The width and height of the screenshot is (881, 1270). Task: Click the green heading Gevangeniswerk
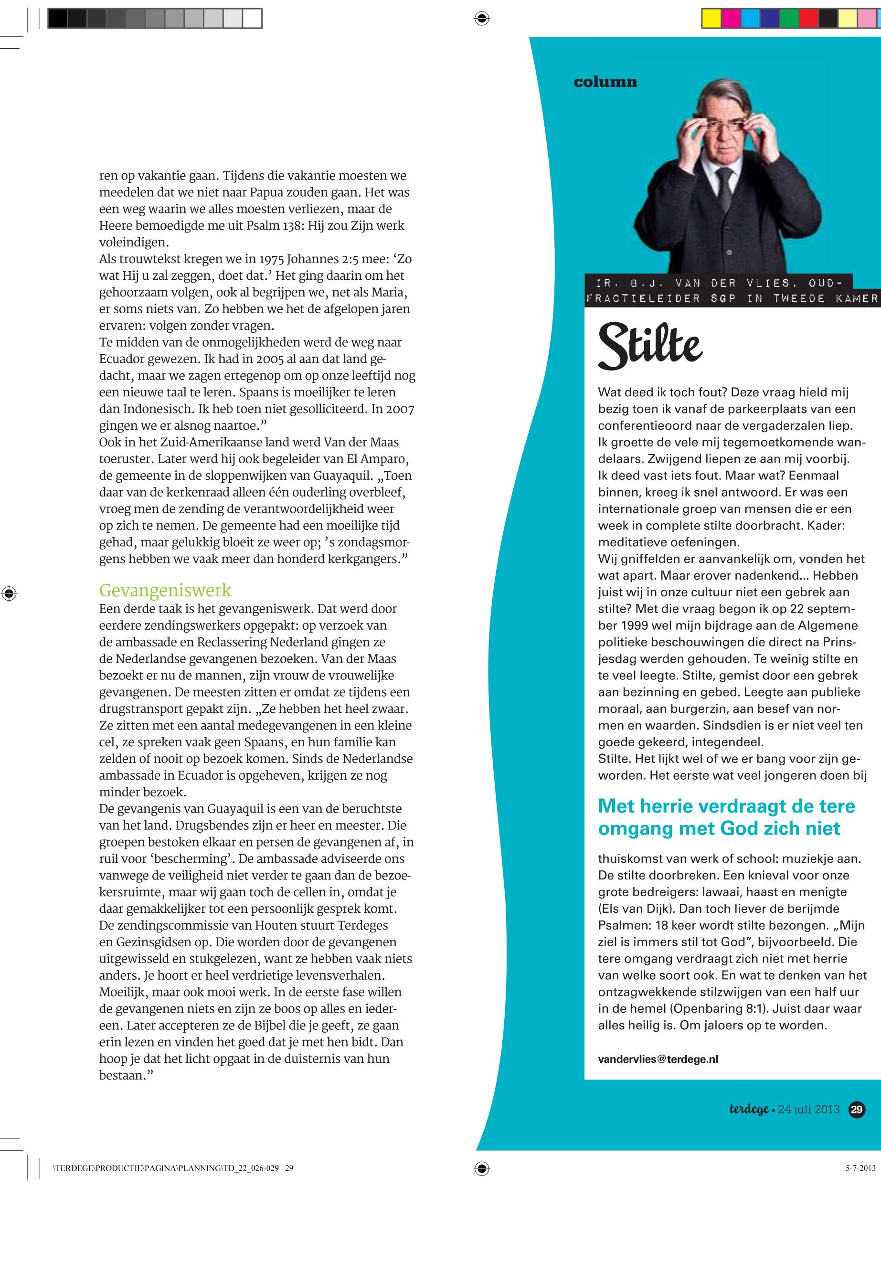point(165,591)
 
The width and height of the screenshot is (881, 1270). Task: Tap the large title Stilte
point(650,346)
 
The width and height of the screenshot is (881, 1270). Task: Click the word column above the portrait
point(605,82)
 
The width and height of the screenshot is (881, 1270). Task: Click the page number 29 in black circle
point(857,1110)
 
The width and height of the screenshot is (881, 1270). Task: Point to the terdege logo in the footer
point(749,1110)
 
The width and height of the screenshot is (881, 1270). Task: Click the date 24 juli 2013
point(809,1110)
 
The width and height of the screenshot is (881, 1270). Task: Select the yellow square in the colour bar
point(711,19)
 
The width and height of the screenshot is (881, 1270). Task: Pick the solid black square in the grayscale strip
point(57,19)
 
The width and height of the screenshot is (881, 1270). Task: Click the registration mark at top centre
point(481,19)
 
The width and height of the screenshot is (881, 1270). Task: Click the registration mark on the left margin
point(9,594)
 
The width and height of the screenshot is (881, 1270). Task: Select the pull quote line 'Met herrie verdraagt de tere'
point(726,806)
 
